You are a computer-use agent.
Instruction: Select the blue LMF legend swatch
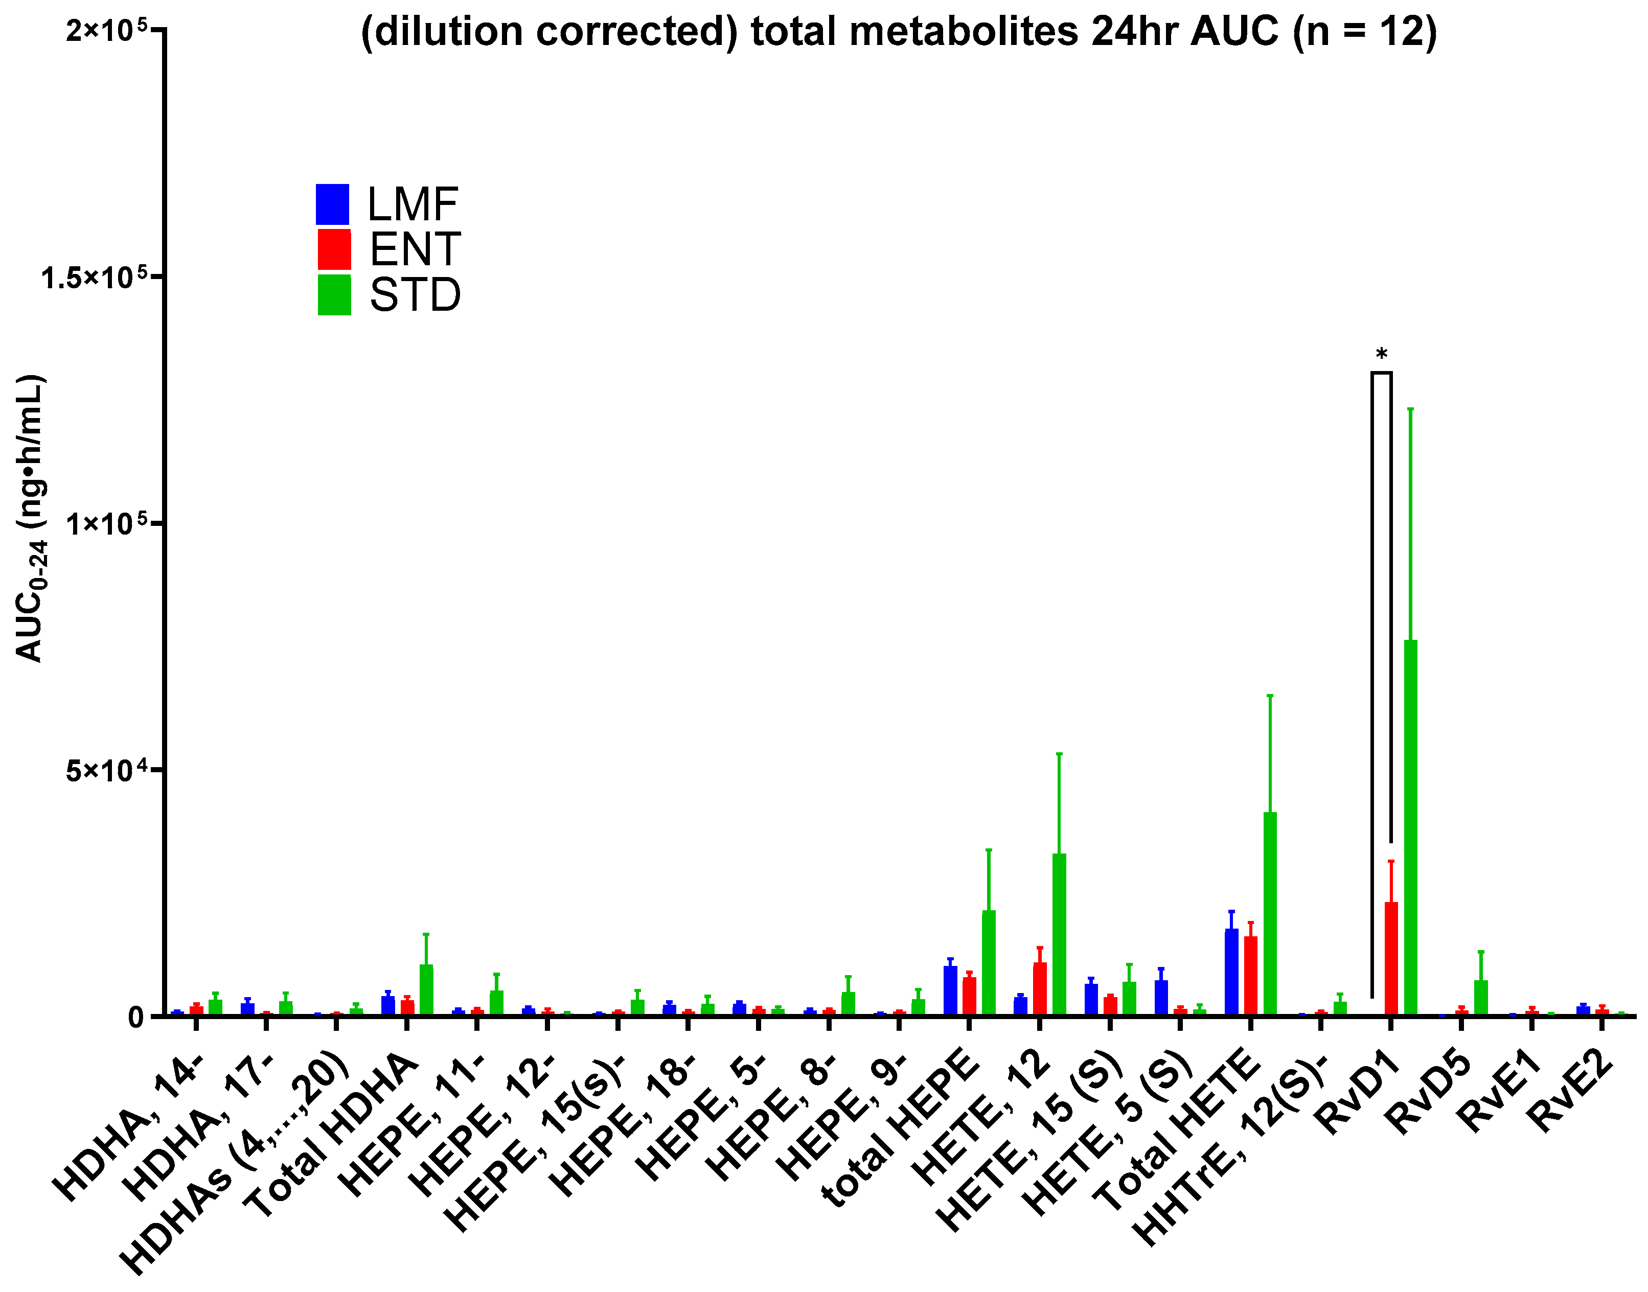(332, 204)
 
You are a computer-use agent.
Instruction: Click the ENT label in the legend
(415, 249)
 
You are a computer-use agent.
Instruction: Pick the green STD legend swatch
(334, 295)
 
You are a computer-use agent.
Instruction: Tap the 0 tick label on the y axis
(136, 1018)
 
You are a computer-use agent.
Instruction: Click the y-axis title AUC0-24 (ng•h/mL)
(30, 519)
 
